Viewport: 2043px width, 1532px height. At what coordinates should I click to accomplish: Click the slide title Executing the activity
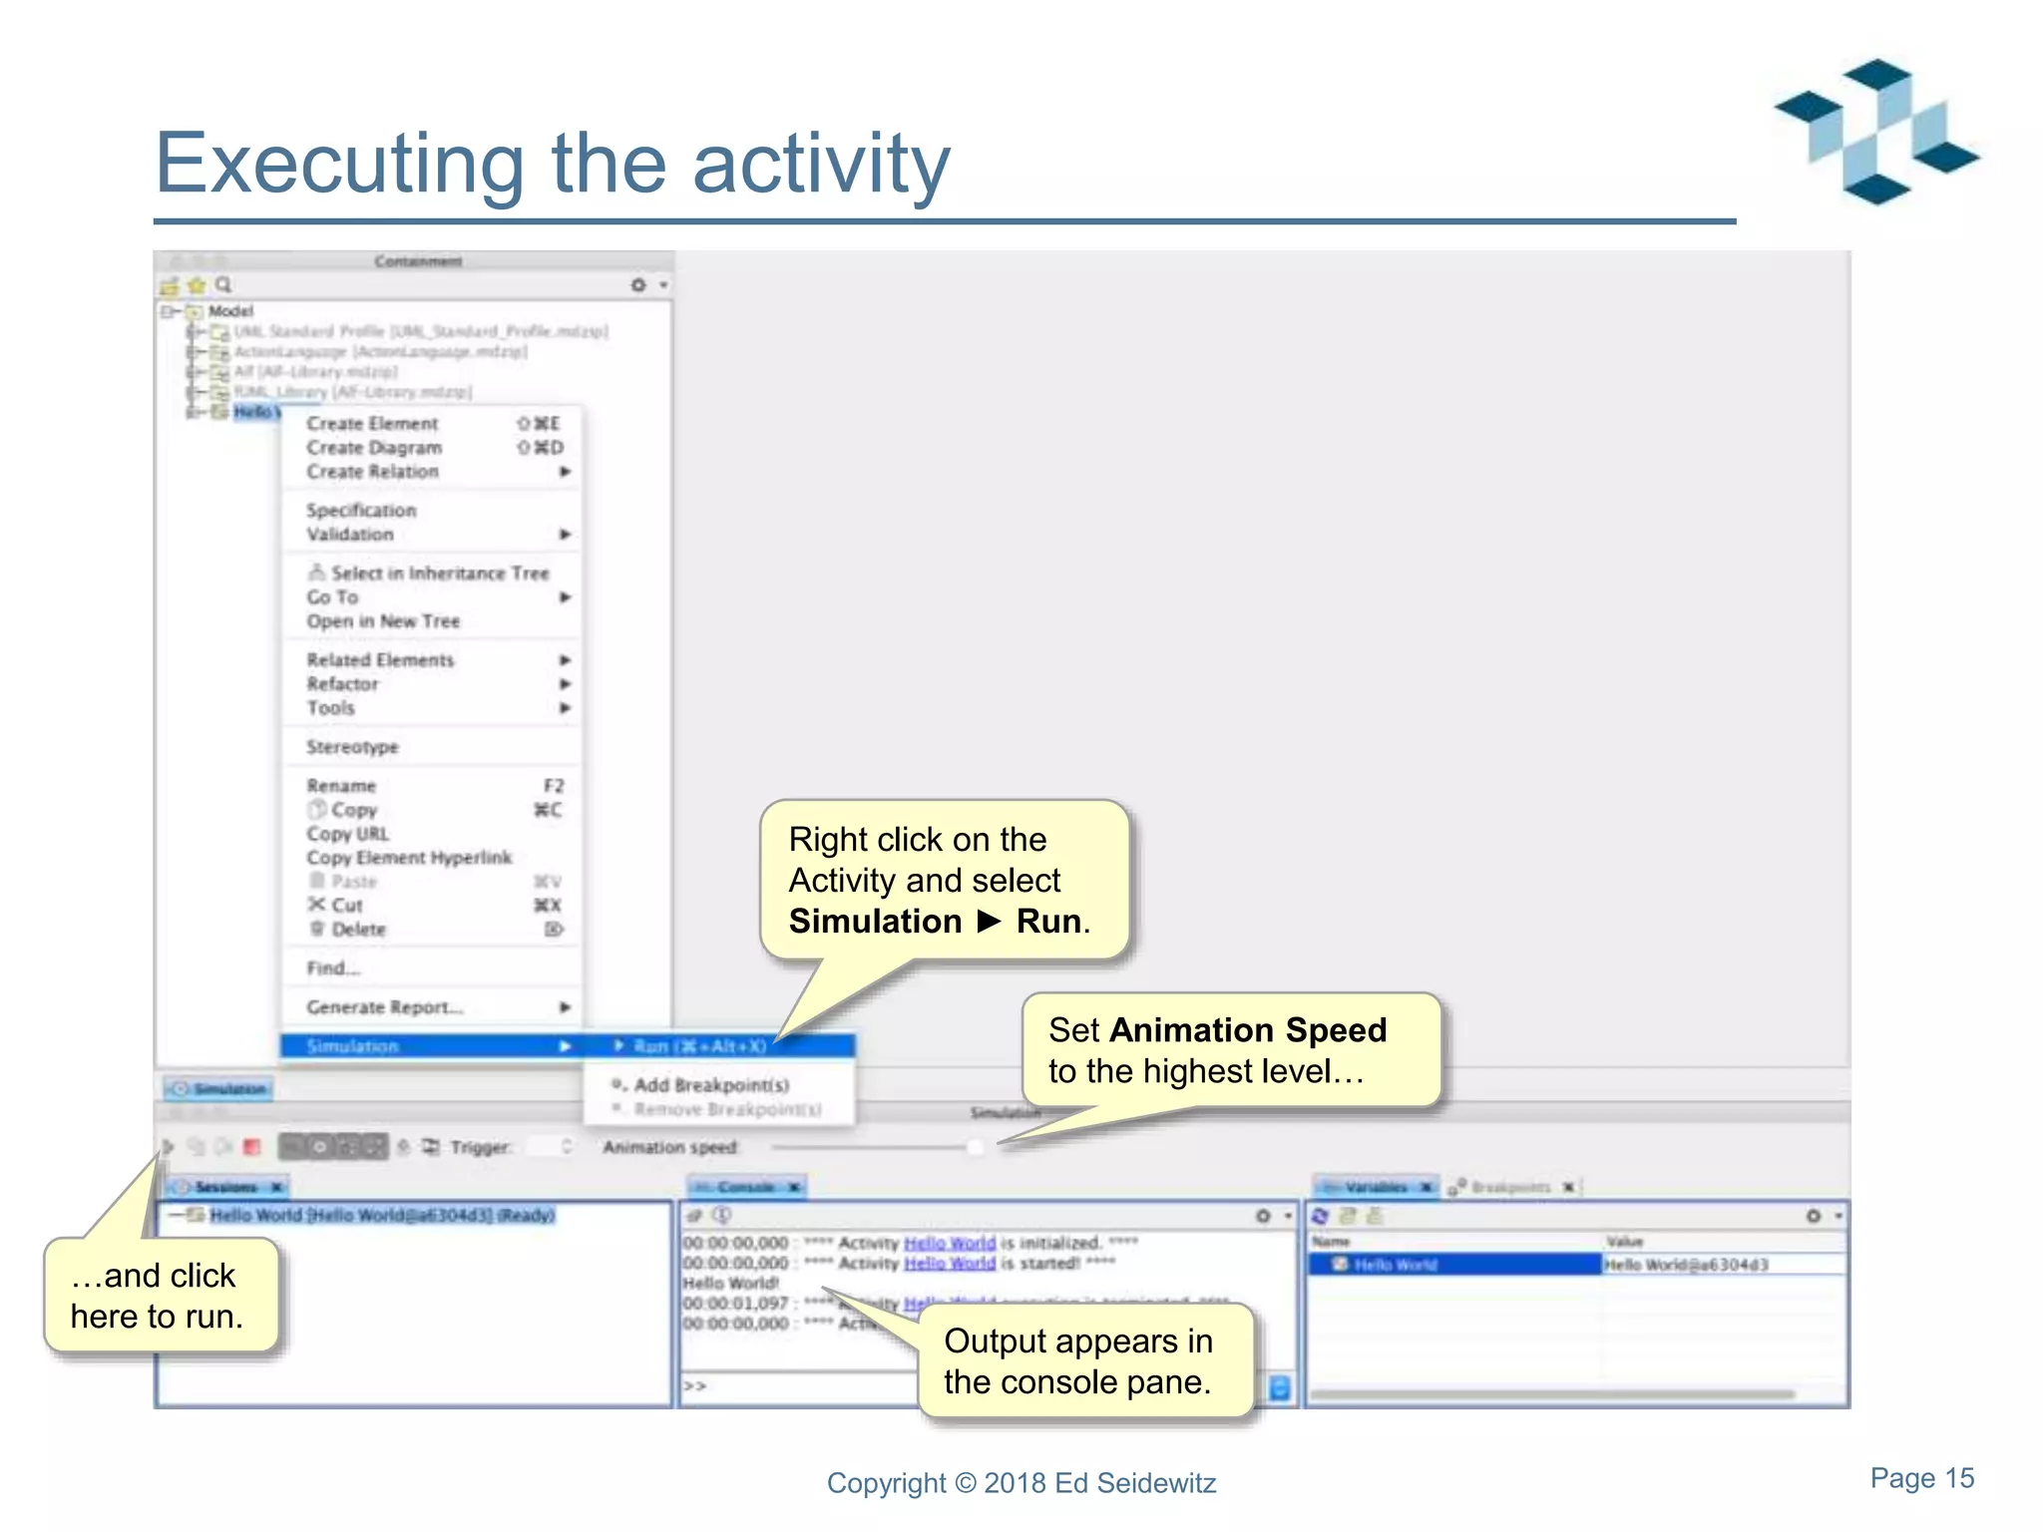(553, 164)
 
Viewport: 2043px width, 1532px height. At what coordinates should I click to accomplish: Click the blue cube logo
(1875, 132)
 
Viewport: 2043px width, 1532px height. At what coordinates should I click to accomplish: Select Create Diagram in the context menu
(374, 448)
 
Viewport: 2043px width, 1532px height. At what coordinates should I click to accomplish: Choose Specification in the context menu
(361, 510)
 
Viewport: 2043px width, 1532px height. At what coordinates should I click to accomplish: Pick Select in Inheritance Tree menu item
(439, 574)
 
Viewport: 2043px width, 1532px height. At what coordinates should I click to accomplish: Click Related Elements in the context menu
(380, 660)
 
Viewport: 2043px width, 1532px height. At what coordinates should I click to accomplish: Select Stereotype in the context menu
(352, 747)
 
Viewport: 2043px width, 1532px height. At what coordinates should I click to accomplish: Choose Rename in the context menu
(341, 786)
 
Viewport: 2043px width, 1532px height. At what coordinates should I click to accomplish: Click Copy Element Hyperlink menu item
(409, 858)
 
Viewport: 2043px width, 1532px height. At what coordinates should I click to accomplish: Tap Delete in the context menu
(358, 930)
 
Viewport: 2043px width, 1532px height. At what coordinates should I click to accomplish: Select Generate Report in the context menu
(385, 1007)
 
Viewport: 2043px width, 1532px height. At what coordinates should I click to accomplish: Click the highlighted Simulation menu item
(353, 1046)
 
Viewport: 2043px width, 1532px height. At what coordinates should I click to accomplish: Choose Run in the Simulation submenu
(699, 1046)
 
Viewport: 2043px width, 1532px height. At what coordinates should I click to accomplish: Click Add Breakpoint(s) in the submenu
(711, 1085)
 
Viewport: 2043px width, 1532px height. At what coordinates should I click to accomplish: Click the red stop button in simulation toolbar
(252, 1147)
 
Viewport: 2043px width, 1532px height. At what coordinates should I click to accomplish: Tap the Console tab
(744, 1187)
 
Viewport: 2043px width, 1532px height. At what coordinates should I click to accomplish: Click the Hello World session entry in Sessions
(381, 1215)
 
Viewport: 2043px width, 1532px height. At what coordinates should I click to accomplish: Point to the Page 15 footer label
(1921, 1478)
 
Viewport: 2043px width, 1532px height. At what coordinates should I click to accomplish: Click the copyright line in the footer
(1021, 1483)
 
